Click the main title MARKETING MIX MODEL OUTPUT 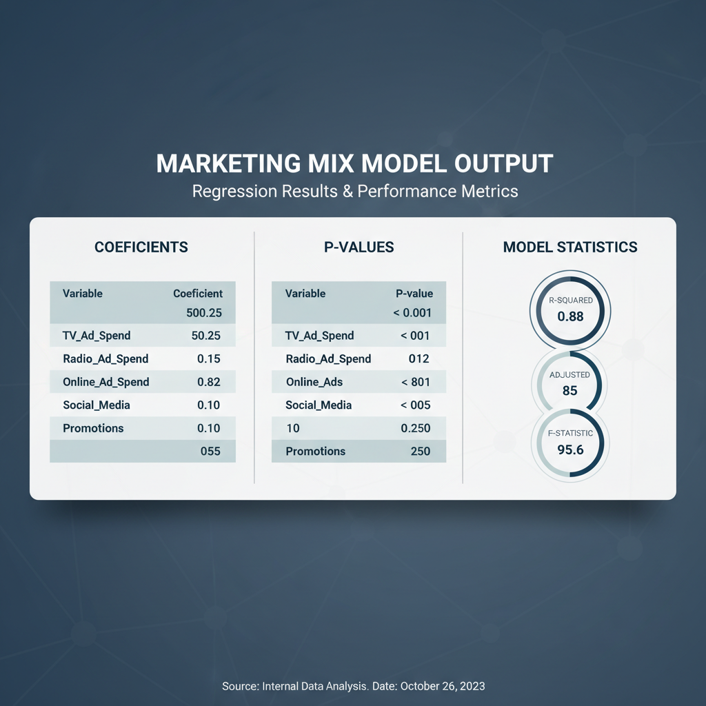[354, 163]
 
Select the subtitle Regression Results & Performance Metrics [355, 192]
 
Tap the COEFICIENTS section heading [141, 248]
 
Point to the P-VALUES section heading [359, 248]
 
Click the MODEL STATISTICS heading [570, 248]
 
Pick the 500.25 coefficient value [204, 313]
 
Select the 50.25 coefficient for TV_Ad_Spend [205, 336]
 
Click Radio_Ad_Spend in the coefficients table [105, 359]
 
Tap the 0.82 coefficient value [209, 382]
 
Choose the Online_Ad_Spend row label [105, 382]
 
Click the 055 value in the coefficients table [210, 451]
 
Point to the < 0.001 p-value [412, 313]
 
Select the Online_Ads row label [314, 382]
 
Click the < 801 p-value [416, 382]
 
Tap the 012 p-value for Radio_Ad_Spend [418, 359]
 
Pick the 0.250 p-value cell [416, 428]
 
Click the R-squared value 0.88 [570, 316]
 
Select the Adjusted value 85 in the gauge [570, 391]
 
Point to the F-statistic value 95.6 [570, 450]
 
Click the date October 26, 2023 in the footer [443, 686]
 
